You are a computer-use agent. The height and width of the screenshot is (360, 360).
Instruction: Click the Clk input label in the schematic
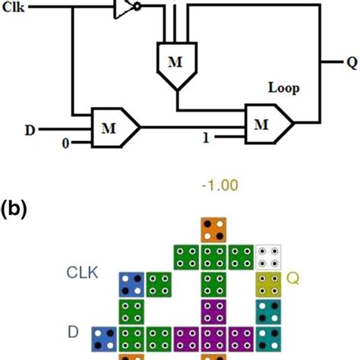click(x=13, y=11)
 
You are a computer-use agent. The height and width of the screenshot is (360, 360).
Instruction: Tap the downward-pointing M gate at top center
click(x=175, y=63)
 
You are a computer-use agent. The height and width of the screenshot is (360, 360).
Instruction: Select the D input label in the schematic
click(x=30, y=129)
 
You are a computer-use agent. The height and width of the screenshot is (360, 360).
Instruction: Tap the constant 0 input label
click(x=65, y=143)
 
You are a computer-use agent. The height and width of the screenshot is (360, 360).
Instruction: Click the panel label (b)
click(x=15, y=207)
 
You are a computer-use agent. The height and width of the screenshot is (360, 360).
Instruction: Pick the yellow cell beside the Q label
click(x=267, y=286)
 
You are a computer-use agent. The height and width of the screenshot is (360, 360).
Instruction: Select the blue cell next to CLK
click(x=131, y=286)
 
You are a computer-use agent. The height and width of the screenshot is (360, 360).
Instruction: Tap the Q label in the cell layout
click(x=292, y=279)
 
